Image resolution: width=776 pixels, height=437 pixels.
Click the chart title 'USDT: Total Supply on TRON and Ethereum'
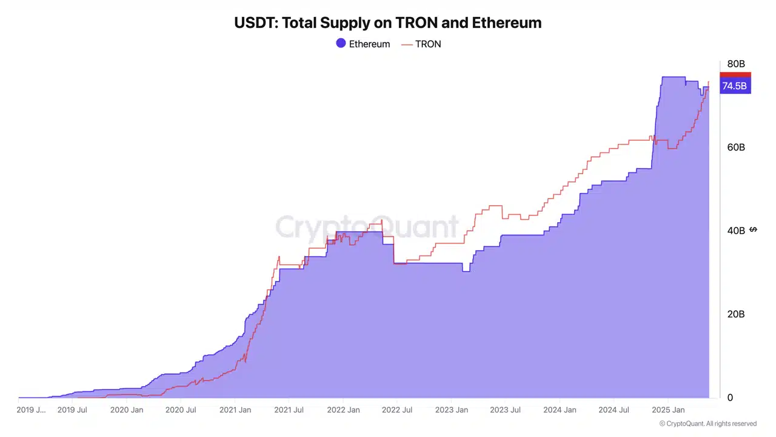[x=387, y=23]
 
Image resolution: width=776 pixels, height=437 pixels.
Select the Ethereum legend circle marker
[x=341, y=44]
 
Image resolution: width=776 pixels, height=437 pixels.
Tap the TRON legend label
[x=428, y=44]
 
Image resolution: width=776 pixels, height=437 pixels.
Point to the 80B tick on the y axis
[x=736, y=64]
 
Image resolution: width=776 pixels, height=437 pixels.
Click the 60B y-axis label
[x=736, y=147]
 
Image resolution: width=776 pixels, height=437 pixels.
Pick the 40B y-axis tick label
[x=736, y=231]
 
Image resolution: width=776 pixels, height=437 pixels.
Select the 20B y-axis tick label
[x=736, y=314]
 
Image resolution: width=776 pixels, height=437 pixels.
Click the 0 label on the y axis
[x=730, y=398]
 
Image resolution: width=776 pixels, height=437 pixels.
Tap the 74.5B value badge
[x=735, y=86]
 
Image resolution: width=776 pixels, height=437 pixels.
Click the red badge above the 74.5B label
[x=735, y=74]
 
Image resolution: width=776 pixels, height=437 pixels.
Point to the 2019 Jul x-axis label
[x=72, y=410]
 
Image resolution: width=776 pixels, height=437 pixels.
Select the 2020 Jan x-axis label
[x=127, y=410]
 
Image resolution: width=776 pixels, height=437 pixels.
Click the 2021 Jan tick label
[x=235, y=410]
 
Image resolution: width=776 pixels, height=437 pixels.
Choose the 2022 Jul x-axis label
[x=397, y=410]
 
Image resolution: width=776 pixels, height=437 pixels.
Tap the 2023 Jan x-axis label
[x=452, y=410]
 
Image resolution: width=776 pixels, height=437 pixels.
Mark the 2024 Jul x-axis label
[x=614, y=410]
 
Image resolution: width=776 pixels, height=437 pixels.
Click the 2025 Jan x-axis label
[x=668, y=410]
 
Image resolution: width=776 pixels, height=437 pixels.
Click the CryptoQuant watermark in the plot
[x=367, y=227]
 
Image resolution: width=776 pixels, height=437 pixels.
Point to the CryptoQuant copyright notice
[x=707, y=424]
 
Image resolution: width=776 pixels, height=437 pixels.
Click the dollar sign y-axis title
[x=753, y=229]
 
